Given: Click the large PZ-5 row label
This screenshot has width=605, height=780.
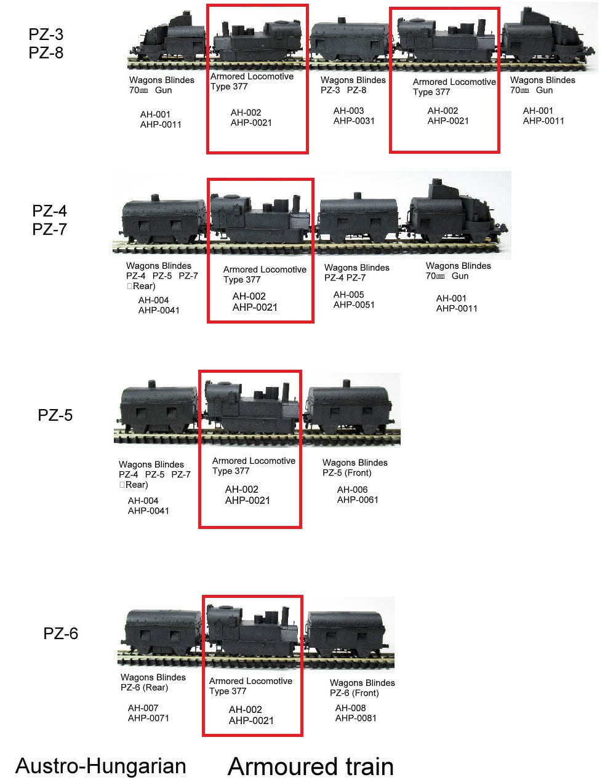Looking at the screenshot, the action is pyautogui.click(x=55, y=415).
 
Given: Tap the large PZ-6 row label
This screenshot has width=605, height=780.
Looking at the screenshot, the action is pyautogui.click(x=60, y=634).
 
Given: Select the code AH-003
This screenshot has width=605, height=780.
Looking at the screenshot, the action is pyautogui.click(x=348, y=111).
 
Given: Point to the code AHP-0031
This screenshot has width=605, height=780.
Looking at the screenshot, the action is pyautogui.click(x=354, y=121).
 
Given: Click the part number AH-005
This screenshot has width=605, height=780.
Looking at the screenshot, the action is pyautogui.click(x=348, y=295).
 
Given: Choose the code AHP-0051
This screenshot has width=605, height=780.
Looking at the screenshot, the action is pyautogui.click(x=354, y=304).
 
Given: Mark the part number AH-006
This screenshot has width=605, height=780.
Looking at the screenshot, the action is pyautogui.click(x=352, y=490).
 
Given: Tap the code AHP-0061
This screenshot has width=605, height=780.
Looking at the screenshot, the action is pyautogui.click(x=358, y=499).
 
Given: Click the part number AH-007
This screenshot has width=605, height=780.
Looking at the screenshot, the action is pyautogui.click(x=143, y=708).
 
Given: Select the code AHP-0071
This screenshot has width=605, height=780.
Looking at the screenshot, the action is pyautogui.click(x=148, y=718).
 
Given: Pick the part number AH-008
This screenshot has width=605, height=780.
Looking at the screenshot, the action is pyautogui.click(x=350, y=708).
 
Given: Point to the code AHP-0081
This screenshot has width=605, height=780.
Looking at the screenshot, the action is pyautogui.click(x=356, y=718).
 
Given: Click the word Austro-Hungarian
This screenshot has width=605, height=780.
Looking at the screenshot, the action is pyautogui.click(x=100, y=766).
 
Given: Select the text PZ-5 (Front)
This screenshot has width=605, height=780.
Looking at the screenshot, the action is pyautogui.click(x=347, y=473).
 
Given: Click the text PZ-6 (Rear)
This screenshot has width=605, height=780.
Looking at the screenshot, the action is pyautogui.click(x=144, y=688).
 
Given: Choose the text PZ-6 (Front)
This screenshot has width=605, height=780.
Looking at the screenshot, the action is pyautogui.click(x=354, y=693).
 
